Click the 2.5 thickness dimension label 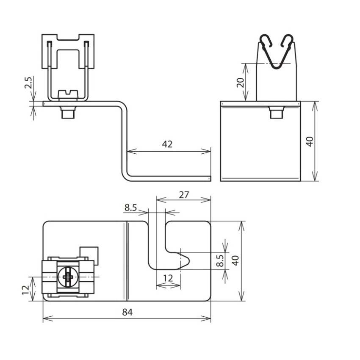tap(28, 83)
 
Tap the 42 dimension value tap(167, 144)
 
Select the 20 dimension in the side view tap(241, 83)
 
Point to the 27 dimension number tap(184, 195)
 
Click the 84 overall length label tap(127, 312)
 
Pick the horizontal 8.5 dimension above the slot tap(130, 208)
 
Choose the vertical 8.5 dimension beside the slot tap(220, 260)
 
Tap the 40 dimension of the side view tap(310, 141)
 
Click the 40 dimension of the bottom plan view tap(235, 260)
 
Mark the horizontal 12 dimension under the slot tap(168, 278)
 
